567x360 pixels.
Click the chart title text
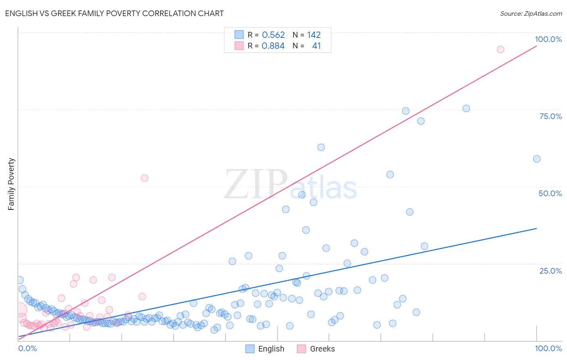114,13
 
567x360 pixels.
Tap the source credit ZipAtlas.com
531,13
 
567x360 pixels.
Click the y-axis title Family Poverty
11,184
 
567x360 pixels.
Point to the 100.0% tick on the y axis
548,39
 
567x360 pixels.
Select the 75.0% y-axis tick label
550,116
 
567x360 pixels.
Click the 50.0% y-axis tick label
550,193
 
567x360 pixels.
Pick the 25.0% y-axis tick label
550,271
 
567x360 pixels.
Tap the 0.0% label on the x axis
27,348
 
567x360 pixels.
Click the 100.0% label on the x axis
548,348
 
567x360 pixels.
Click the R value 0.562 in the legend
273,35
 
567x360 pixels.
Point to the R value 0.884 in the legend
273,46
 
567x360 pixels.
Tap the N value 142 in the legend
314,35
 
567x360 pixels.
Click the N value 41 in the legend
316,46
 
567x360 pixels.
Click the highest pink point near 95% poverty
500,49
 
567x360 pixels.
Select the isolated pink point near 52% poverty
144,178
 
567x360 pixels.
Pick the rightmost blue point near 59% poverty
537,159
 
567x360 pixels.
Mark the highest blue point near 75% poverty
466,109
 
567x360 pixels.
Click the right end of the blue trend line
537,228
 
